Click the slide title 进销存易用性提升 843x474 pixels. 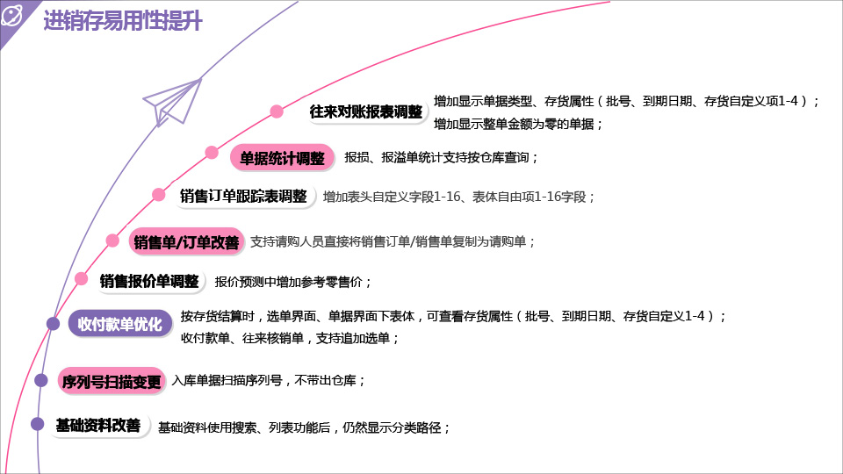[123, 22]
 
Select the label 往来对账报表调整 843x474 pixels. [366, 111]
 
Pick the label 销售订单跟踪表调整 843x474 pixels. [243, 196]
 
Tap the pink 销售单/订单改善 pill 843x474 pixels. [185, 242]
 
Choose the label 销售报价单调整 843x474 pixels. [148, 281]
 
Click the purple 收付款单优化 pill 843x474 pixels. [119, 324]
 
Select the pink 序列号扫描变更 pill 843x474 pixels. [112, 381]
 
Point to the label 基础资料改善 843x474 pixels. [98, 426]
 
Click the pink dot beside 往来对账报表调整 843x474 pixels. [277, 111]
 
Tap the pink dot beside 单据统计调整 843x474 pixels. [212, 152]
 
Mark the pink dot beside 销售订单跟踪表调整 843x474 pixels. [158, 195]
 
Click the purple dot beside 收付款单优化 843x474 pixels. [53, 324]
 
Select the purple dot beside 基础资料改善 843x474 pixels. [38, 424]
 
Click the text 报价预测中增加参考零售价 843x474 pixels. [293, 282]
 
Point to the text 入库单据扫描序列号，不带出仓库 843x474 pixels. [268, 381]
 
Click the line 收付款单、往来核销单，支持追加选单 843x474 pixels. [290, 337]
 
